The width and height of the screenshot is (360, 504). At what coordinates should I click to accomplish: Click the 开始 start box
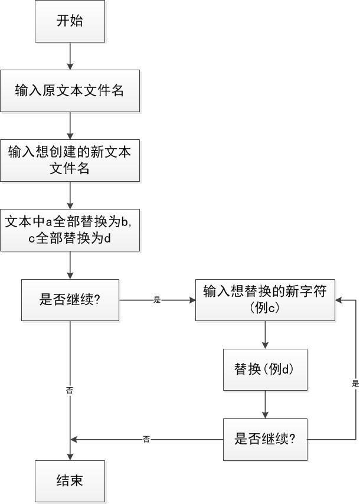pos(70,21)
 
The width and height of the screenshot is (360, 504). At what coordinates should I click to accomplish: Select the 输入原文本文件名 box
pos(70,90)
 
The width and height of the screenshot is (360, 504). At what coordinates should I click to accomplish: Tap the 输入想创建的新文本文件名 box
pos(70,160)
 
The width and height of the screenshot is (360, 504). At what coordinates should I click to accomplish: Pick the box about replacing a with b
pos(70,230)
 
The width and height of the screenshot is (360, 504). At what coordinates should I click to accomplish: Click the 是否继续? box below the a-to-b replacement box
pos(70,300)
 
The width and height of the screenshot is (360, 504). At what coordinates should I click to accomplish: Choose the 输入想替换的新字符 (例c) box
pos(265,300)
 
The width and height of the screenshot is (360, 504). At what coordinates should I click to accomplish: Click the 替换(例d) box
pos(265,369)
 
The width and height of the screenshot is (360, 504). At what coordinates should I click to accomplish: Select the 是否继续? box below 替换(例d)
pos(265,439)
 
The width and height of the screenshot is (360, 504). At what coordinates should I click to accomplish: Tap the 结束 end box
pos(70,481)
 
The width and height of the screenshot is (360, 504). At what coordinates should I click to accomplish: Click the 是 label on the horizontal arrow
pos(157,300)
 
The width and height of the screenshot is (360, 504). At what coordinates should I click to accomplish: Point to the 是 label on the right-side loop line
pos(355,383)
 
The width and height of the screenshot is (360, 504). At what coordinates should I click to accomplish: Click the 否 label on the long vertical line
pos(70,390)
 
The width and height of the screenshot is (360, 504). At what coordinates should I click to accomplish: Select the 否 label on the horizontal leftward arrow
pos(146,439)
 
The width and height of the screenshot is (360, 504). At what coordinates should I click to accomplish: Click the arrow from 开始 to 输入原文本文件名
pos(70,56)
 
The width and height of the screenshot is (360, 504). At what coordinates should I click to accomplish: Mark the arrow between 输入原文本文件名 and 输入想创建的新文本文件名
pos(70,125)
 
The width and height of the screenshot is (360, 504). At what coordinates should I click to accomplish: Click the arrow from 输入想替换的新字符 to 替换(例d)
pos(265,335)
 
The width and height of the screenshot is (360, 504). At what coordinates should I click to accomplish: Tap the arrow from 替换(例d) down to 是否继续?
pos(265,404)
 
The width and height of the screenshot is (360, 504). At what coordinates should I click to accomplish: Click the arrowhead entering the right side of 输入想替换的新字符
pos(339,300)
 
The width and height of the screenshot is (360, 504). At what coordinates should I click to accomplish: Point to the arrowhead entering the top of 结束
pos(70,457)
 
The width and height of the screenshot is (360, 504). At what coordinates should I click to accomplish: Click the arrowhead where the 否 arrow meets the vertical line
pos(74,439)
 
